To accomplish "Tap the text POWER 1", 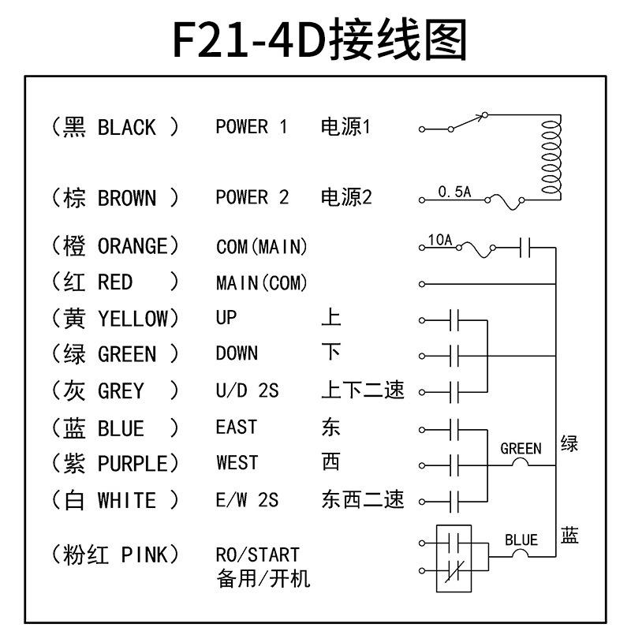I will tap(252, 127).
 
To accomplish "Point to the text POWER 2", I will tap(252, 198).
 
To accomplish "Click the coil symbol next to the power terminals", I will tap(550, 155).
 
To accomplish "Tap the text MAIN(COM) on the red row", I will tap(261, 282).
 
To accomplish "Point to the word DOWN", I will tap(237, 354).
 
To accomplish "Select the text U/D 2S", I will tap(247, 390).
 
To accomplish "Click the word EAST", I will tap(236, 428).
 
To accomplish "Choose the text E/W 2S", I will tap(247, 501).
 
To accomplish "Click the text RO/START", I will tap(257, 555).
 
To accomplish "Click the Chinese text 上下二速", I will tap(362, 390).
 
